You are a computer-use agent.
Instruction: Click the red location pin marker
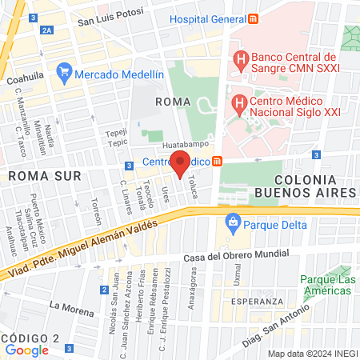coord(181,163)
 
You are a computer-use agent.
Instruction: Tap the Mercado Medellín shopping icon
coord(65,74)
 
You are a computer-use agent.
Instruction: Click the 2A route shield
coord(47,30)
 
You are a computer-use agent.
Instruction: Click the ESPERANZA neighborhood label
coord(260,302)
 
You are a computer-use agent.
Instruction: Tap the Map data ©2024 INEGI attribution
coord(311,354)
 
